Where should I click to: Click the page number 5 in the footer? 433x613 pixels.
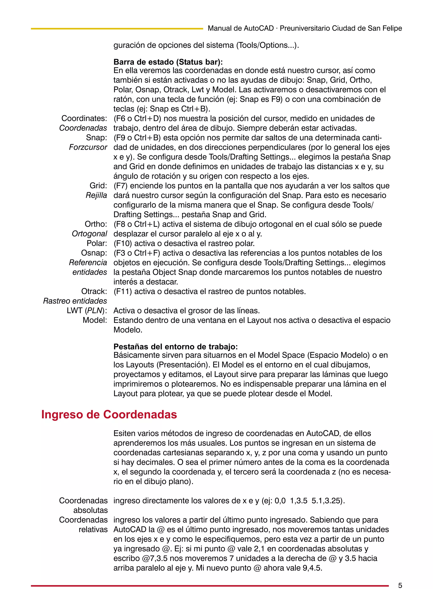point(400,586)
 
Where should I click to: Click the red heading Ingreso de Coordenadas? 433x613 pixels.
point(109,415)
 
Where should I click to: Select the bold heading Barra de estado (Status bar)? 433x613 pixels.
point(168,62)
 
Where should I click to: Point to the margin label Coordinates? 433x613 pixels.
point(84,118)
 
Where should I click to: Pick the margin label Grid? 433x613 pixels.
point(98,186)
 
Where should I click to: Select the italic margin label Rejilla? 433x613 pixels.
point(96,195)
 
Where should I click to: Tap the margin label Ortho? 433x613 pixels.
point(96,224)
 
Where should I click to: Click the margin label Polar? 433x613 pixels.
point(97,243)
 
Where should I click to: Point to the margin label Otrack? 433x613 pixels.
point(94,291)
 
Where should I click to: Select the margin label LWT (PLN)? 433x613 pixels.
point(87,311)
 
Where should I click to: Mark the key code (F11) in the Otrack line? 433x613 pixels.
point(123,291)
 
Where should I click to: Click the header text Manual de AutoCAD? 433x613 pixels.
point(241,28)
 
